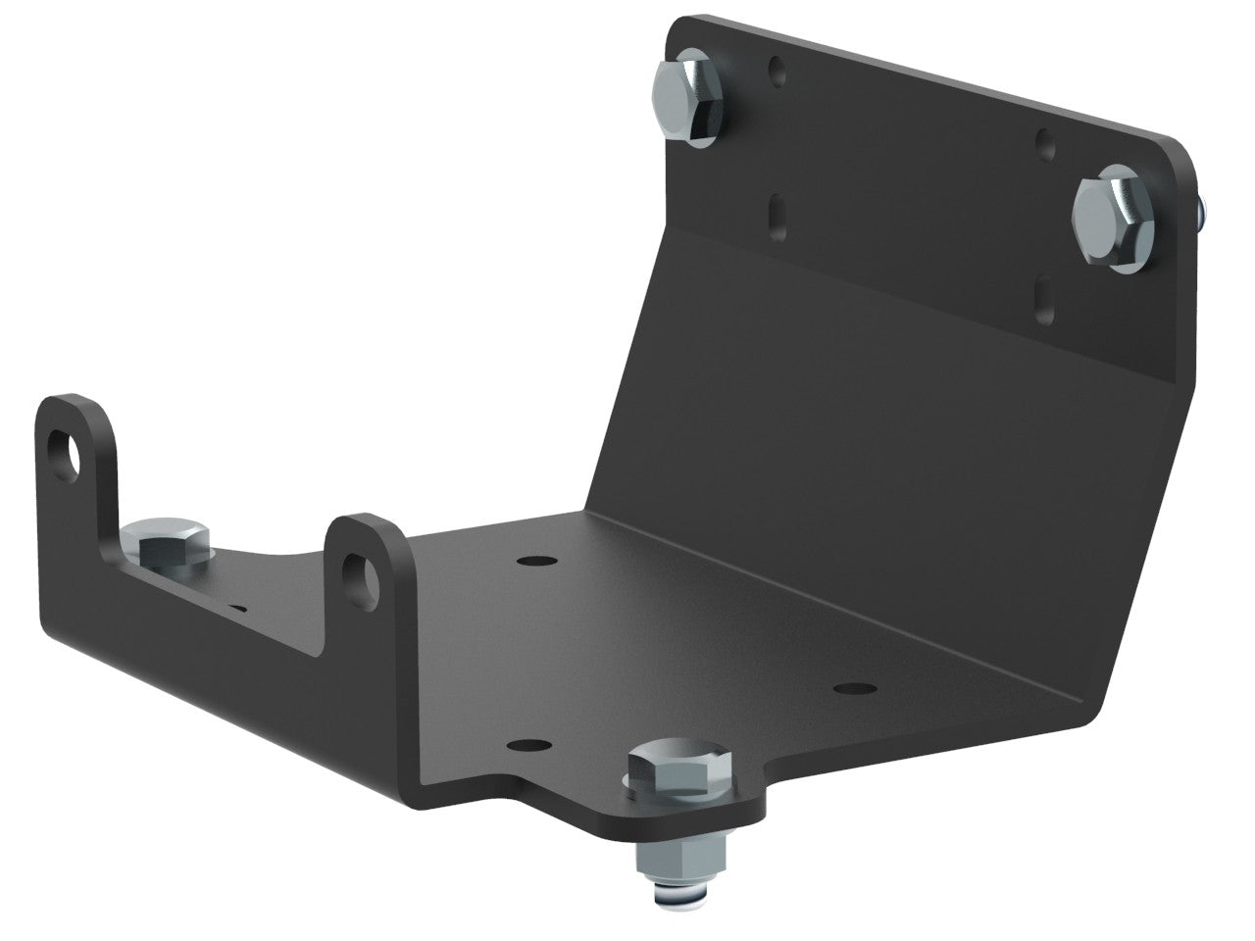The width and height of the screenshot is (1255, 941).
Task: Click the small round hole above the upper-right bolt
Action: click(1046, 144)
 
